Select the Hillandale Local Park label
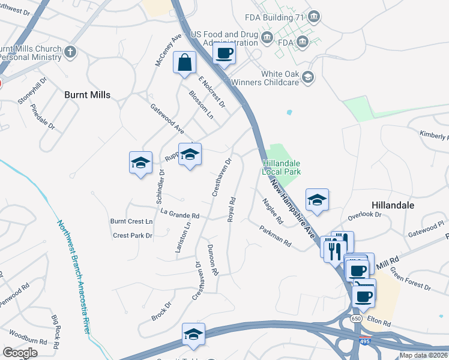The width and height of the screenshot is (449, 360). [280, 167]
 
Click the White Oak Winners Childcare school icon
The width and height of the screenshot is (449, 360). [308, 77]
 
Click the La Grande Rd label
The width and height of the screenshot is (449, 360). [179, 214]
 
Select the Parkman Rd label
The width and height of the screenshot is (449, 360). [276, 236]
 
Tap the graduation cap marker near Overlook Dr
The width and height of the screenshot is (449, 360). [317, 200]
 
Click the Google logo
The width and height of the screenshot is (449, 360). [20, 353]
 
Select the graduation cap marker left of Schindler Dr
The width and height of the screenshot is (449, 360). [140, 163]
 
